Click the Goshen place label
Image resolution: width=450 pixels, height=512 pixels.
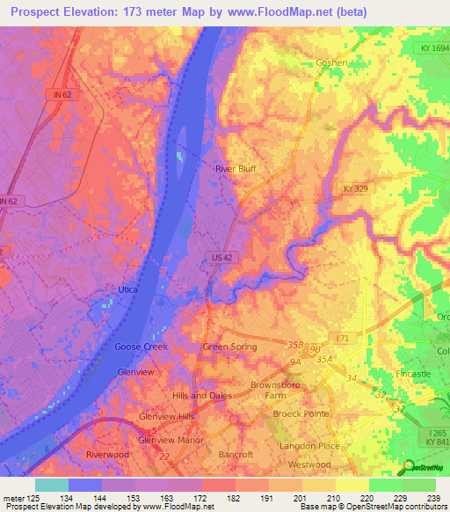pos(331,62)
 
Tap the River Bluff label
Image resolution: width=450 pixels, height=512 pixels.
pos(236,168)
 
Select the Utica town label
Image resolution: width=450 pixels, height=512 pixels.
pos(128,289)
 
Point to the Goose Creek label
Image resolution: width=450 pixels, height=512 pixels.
pos(141,347)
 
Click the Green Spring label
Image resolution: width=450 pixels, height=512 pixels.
pos(229,347)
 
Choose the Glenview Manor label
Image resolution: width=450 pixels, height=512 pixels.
pos(171,439)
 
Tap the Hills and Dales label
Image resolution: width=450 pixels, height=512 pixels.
pos(202,396)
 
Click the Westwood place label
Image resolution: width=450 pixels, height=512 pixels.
pos(309,464)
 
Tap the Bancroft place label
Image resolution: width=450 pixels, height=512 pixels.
pos(235,455)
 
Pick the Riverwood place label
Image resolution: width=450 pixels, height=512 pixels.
pos(107,454)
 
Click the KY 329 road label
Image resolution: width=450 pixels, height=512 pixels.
pos(357,188)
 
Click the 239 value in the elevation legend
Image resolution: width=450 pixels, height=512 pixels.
pos(432,498)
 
